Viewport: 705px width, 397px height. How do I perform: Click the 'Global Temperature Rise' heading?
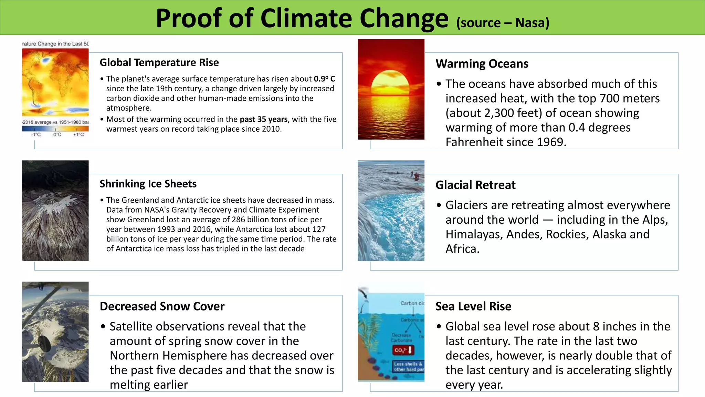(159, 63)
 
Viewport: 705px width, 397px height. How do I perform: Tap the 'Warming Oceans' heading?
(482, 64)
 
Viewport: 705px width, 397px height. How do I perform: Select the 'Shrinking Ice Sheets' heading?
(148, 184)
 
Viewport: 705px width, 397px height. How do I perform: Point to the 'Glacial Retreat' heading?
(475, 185)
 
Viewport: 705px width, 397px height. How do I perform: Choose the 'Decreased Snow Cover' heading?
(162, 306)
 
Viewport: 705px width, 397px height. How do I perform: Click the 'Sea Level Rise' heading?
(473, 306)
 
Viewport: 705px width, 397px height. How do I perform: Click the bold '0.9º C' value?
(324, 79)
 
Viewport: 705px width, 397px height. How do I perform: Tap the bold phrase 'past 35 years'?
(263, 119)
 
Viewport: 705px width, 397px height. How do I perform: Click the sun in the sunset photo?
(391, 84)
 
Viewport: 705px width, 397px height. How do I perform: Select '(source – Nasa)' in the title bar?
(503, 23)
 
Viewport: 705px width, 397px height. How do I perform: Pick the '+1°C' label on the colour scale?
(78, 135)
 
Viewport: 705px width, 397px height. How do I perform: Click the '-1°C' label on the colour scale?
(36, 135)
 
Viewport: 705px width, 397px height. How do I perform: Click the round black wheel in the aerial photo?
(44, 342)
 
